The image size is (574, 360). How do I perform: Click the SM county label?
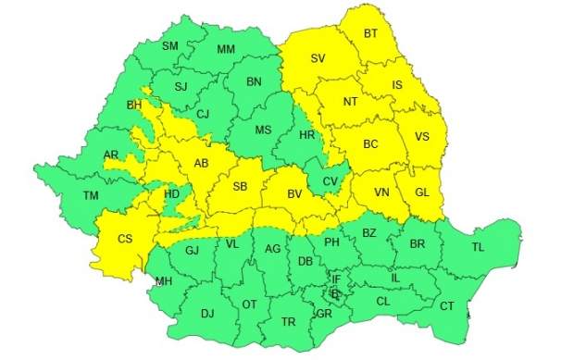170,46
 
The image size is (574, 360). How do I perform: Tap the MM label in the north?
226,49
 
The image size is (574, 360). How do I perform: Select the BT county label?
370,34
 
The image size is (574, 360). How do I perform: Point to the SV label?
318,58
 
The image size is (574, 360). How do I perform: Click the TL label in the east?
478,247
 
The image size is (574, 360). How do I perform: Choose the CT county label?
447,306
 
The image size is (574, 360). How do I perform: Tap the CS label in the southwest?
125,239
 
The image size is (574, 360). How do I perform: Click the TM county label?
90,195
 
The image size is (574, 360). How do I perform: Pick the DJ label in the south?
206,313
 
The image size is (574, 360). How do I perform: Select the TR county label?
288,322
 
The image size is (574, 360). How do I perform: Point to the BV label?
295,194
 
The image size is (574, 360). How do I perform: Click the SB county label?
240,188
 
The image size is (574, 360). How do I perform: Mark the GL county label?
422,192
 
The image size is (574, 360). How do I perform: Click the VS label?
422,137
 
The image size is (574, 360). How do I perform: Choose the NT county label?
350,102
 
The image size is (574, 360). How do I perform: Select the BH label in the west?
133,106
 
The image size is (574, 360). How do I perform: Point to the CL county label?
383,301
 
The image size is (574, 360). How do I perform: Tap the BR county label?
418,245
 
